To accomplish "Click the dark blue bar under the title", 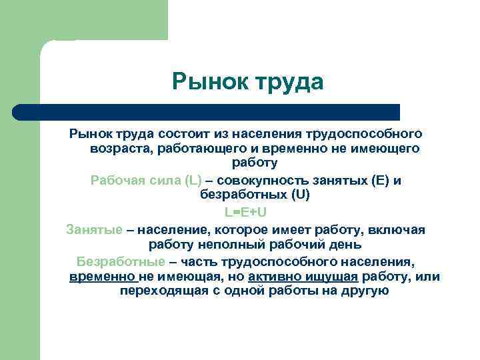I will coord(207,112).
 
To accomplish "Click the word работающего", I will coord(200,148).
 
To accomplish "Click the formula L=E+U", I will coord(245,212).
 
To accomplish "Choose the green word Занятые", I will coord(95,229).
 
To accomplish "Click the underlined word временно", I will coord(102,276).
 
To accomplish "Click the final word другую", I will coord(365,291).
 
